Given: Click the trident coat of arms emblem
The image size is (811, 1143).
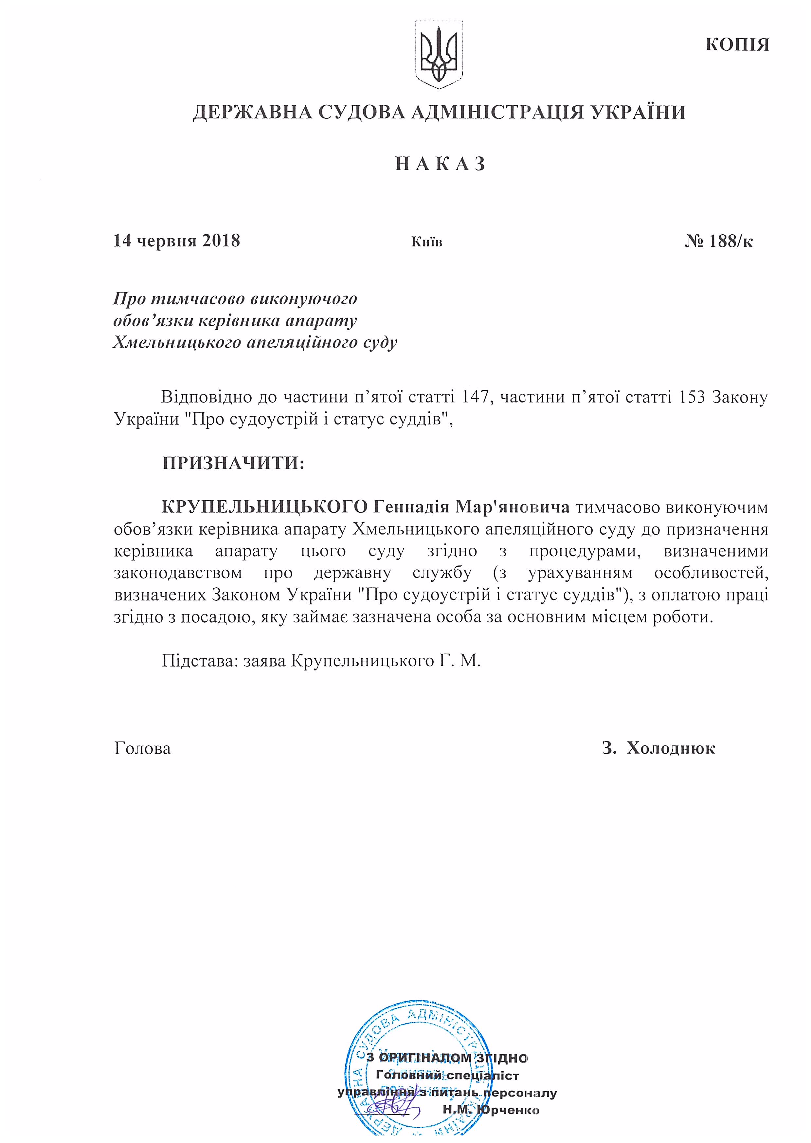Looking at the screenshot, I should point(439,54).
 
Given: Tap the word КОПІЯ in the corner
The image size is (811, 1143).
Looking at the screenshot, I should point(737,45).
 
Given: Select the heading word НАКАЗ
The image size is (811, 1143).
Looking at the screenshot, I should point(440,164).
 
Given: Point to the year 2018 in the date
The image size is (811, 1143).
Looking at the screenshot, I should point(221,241).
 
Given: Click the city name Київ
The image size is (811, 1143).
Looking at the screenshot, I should point(426,242).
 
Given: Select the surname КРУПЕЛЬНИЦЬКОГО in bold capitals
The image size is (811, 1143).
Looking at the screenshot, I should point(265,507).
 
